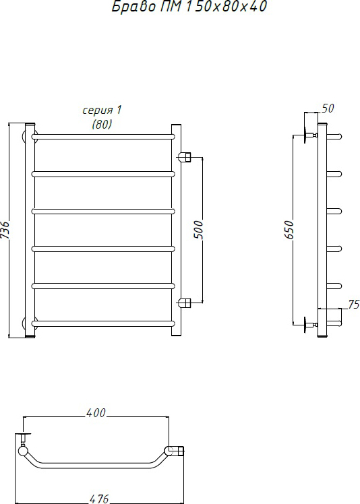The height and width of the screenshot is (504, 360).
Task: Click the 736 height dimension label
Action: click(x=6, y=230)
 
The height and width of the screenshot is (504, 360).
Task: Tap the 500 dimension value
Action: click(x=199, y=230)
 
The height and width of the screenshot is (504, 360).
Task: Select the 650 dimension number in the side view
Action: click(x=289, y=230)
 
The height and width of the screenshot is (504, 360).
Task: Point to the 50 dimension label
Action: click(x=328, y=108)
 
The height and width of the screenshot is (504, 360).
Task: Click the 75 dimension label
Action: click(x=354, y=305)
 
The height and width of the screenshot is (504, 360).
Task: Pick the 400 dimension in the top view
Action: click(x=96, y=413)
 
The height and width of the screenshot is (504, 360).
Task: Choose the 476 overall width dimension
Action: click(x=99, y=499)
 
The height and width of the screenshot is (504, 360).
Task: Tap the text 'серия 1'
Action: click(x=102, y=111)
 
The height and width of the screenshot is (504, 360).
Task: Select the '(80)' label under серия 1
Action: click(x=102, y=124)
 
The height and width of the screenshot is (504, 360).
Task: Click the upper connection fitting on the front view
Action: click(x=185, y=157)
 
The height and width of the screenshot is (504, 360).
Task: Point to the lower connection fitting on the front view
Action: click(x=185, y=302)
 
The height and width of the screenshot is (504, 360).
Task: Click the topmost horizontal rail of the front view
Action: click(x=103, y=137)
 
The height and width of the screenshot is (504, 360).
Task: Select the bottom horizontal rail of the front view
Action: click(x=103, y=323)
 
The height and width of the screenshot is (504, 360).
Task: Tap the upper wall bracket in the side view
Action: click(x=310, y=135)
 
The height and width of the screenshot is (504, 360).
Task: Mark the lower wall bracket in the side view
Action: click(x=310, y=324)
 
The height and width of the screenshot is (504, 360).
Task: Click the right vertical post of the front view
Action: click(x=177, y=230)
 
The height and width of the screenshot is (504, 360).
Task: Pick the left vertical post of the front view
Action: click(x=30, y=230)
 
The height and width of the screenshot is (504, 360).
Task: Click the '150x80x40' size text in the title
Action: click(x=226, y=6)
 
